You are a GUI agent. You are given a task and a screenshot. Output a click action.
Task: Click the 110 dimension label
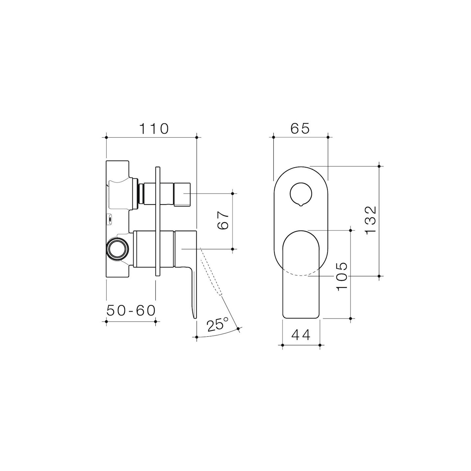154,129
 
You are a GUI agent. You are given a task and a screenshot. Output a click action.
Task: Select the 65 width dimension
300,129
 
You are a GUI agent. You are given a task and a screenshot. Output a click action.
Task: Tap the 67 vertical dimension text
224,221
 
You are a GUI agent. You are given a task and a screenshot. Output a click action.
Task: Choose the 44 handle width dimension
301,335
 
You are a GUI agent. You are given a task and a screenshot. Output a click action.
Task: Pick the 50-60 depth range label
131,311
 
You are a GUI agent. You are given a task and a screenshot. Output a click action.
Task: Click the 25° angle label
218,325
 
